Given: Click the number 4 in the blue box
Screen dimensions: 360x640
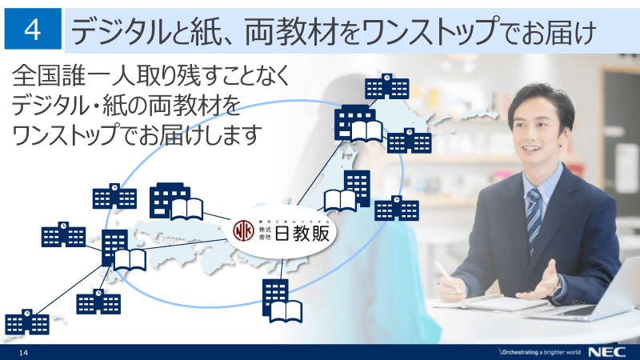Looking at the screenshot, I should [x=33, y=30].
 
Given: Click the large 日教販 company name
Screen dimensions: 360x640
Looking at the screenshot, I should [x=303, y=233].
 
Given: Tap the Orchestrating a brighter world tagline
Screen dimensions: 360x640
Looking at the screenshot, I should [x=538, y=353].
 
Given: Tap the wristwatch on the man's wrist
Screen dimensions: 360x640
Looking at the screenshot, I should [x=557, y=286].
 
